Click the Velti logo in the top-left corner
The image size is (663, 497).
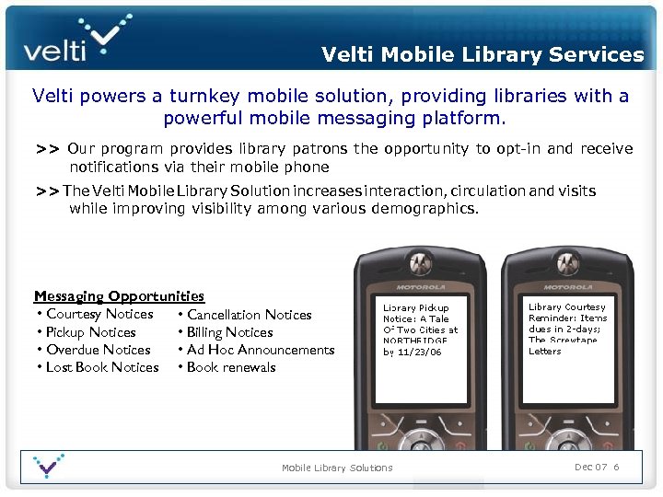click(x=74, y=39)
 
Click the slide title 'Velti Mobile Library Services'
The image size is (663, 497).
click(x=483, y=54)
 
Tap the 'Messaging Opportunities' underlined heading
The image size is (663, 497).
click(x=119, y=296)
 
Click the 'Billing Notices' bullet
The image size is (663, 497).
click(x=229, y=332)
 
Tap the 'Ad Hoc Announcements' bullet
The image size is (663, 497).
click(x=260, y=350)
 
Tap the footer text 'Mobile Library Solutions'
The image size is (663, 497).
click(x=337, y=468)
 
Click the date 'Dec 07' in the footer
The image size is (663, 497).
click(x=588, y=468)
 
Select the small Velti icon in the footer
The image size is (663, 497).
click(x=48, y=466)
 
